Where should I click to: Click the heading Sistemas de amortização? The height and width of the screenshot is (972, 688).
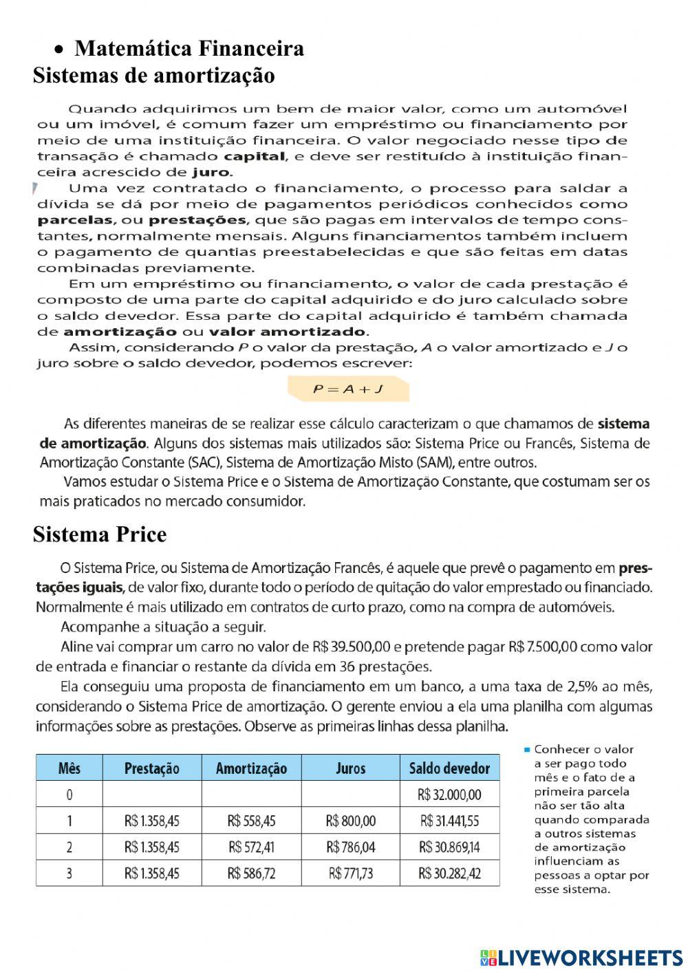click(x=153, y=75)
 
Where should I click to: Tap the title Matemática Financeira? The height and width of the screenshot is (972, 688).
click(x=189, y=49)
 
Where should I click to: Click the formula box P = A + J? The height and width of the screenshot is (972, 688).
click(x=348, y=389)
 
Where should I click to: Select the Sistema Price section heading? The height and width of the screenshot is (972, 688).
click(x=100, y=534)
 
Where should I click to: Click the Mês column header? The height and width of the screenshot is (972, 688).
click(x=69, y=768)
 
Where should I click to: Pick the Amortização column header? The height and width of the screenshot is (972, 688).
click(x=251, y=768)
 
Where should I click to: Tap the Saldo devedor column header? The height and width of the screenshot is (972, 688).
click(x=449, y=768)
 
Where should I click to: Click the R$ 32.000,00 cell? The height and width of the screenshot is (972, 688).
click(x=449, y=795)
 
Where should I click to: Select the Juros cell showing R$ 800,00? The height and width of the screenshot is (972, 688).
click(x=350, y=821)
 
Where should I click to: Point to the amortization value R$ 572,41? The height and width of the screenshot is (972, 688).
click(x=251, y=847)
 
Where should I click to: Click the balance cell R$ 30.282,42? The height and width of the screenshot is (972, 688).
click(x=449, y=874)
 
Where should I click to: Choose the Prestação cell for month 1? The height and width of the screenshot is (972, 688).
click(x=151, y=821)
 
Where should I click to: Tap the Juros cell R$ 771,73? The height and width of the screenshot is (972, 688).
click(x=350, y=874)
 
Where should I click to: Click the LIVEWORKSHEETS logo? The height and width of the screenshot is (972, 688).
click(x=581, y=957)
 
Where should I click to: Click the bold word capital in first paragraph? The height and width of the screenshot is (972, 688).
click(x=257, y=156)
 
